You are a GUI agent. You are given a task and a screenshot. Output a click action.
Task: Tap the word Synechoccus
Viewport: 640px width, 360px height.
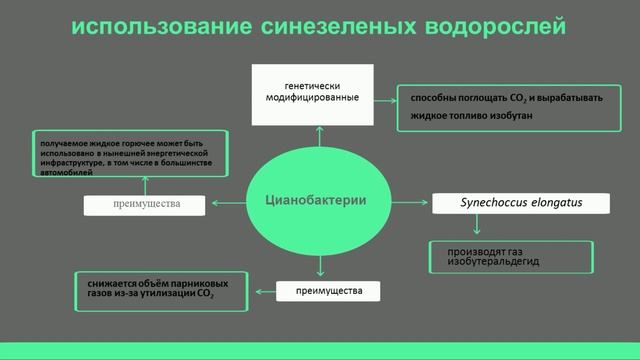coord(497,203)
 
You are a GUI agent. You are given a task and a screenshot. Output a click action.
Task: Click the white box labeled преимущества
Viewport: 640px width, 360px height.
coord(145,204)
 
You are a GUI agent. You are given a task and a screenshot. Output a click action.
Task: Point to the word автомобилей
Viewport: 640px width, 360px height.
coord(67,172)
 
